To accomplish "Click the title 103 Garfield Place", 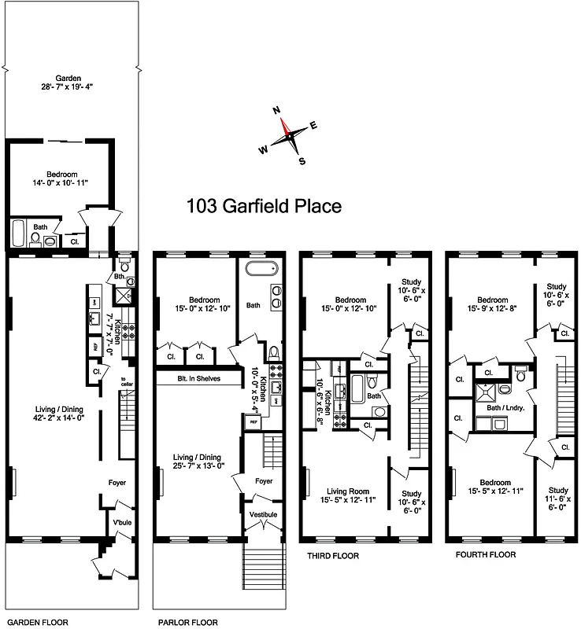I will point(263,207).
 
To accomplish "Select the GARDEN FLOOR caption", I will point(32,621).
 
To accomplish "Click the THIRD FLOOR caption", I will point(332,556).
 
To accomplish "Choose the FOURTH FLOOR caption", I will point(486,555).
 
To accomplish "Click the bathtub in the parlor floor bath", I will point(260,269).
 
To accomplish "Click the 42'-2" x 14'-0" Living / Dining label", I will point(57,413).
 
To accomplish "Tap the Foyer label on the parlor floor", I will point(263,480).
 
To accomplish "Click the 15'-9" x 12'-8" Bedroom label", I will point(493,304).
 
